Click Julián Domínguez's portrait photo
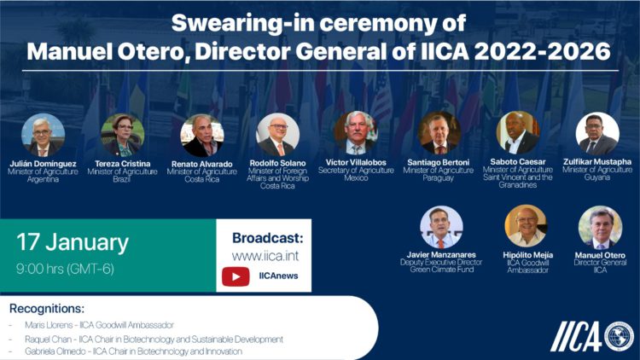tap(43, 134)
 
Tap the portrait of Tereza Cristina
tap(122, 134)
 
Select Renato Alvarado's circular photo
tap(201, 135)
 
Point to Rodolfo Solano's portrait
tap(278, 135)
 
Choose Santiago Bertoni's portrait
tap(439, 132)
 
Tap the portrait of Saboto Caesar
tap(518, 132)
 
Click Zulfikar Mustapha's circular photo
tap(597, 133)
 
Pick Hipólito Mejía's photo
tap(526, 226)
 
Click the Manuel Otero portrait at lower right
tap(600, 227)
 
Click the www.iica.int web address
tap(265, 255)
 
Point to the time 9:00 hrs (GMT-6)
tap(65, 269)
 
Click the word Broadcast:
tap(266, 236)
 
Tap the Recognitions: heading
tap(47, 308)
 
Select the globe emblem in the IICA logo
tap(619, 335)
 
